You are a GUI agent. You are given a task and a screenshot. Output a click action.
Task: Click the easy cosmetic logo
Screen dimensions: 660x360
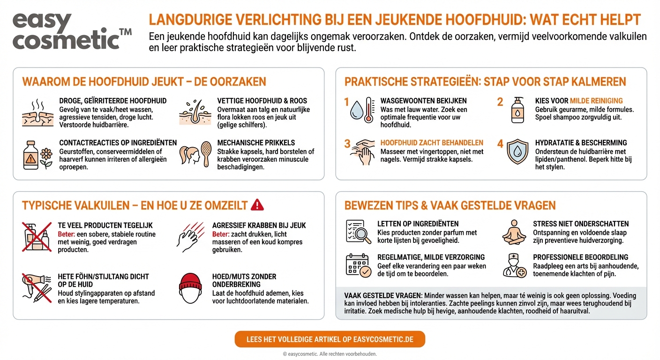(x=70, y=30)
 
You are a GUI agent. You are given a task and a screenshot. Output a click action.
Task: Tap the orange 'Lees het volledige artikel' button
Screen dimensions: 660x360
(x=330, y=339)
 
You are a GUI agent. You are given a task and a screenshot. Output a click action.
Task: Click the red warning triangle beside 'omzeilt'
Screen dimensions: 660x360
(x=257, y=204)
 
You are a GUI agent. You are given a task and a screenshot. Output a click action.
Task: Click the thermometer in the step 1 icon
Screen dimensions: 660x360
(x=369, y=110)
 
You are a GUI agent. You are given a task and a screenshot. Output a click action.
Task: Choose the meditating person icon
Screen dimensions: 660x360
(x=514, y=232)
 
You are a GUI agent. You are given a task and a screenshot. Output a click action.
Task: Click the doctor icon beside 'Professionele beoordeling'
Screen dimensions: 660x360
(x=514, y=265)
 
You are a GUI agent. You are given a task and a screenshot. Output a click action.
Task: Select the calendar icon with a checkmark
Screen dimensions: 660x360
(x=358, y=265)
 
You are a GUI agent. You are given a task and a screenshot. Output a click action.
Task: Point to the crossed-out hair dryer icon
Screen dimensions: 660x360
(x=37, y=286)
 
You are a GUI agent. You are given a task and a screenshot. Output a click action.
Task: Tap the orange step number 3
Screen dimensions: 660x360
(x=347, y=143)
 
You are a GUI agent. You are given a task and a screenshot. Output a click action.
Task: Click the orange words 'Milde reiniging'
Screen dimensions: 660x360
(x=596, y=101)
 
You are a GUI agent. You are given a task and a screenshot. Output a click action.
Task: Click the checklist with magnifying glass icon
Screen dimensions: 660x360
(x=358, y=232)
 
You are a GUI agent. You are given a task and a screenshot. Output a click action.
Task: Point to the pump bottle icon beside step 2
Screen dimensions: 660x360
(x=517, y=110)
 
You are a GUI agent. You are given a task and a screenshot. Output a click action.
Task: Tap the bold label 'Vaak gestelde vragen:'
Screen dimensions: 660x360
(x=383, y=295)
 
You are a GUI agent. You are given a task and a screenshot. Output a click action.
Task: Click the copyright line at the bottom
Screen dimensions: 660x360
(x=330, y=354)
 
